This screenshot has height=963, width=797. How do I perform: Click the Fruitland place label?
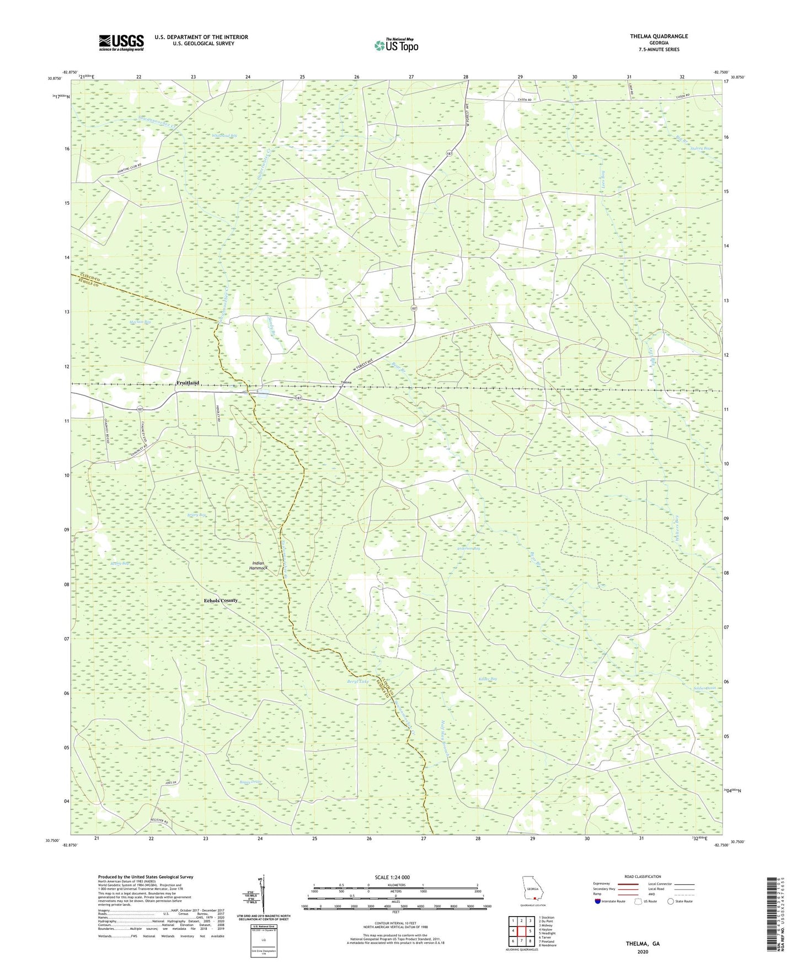[187, 383]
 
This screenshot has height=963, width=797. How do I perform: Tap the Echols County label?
[221, 600]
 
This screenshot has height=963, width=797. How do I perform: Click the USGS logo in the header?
[121, 42]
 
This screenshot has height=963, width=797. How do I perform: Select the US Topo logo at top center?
[396, 45]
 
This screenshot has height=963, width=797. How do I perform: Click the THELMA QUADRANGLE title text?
[659, 36]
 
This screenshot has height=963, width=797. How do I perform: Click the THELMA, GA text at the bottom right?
[642, 944]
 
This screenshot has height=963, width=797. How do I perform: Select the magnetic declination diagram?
[263, 896]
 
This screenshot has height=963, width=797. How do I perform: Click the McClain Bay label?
[140, 322]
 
